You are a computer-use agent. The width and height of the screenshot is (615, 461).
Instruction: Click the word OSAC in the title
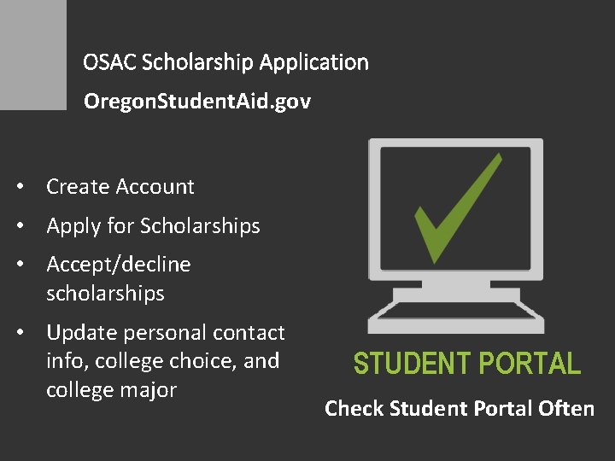pos(109,62)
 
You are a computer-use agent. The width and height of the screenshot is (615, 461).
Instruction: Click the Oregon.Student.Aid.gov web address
pos(197,102)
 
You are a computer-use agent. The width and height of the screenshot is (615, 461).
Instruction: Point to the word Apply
pos(70,226)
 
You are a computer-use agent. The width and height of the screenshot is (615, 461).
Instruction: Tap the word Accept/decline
pos(119,265)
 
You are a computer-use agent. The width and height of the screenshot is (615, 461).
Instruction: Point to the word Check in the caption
pos(354,409)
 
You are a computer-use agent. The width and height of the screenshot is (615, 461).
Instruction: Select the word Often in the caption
pos(566,409)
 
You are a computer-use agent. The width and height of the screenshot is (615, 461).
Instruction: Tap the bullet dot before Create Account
pos(28,187)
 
